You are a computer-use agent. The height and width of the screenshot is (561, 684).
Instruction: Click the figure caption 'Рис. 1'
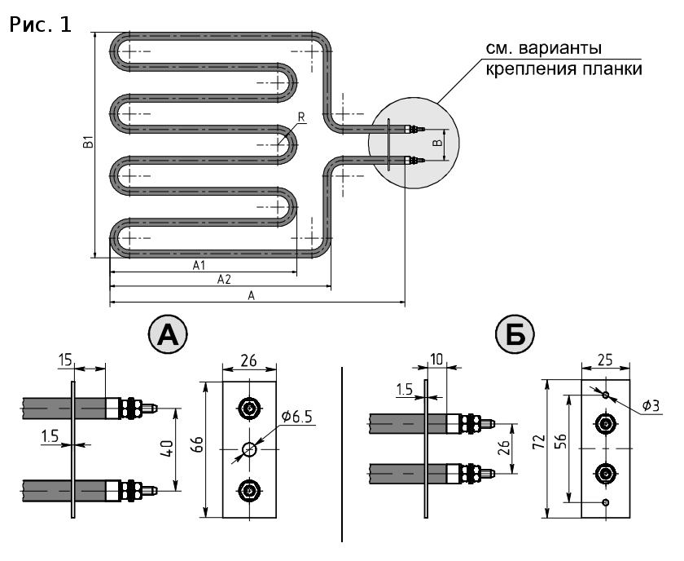(x=40, y=25)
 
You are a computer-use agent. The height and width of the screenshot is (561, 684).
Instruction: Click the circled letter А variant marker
(x=168, y=336)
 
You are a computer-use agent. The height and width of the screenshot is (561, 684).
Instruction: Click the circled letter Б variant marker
(x=515, y=335)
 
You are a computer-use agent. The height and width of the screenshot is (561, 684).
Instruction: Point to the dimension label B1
(x=89, y=142)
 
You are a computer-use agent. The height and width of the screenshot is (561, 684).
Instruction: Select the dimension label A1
(x=199, y=265)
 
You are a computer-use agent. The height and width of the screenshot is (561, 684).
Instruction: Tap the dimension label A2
(x=224, y=279)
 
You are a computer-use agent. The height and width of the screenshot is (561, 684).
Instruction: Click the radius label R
(x=301, y=117)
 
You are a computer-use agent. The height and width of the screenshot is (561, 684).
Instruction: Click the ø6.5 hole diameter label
(x=297, y=417)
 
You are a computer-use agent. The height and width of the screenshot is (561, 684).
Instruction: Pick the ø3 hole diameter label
(x=651, y=406)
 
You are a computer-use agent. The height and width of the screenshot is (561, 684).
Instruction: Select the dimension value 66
(x=199, y=444)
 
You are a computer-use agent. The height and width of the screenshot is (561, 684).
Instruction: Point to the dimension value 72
(x=540, y=442)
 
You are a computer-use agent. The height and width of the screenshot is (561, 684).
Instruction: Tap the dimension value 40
(x=169, y=449)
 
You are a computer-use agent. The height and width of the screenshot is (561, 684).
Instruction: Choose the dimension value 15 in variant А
(x=65, y=360)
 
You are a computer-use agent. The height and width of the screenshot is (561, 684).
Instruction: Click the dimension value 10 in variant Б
(x=436, y=359)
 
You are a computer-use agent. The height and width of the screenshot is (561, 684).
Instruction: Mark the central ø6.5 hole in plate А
(x=249, y=448)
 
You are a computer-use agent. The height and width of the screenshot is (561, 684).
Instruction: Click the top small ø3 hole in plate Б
(x=606, y=395)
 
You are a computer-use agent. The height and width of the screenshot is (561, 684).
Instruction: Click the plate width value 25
(x=605, y=360)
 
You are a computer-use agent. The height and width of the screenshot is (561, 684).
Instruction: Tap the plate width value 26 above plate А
(x=248, y=361)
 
